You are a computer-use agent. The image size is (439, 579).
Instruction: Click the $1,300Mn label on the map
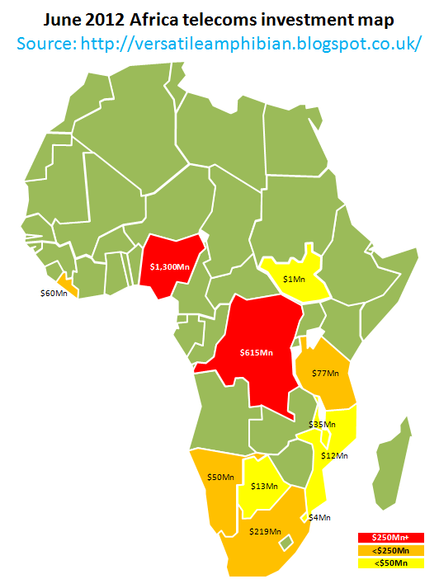(170, 266)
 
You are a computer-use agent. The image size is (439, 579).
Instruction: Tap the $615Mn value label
(256, 352)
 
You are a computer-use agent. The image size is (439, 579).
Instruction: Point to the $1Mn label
(294, 280)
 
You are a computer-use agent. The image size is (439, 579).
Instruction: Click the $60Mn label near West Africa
(54, 293)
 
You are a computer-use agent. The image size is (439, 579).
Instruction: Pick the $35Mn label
(322, 424)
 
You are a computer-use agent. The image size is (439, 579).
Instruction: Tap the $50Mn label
(219, 477)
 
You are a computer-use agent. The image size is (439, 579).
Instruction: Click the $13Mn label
(263, 487)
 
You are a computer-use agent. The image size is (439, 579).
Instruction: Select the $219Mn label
(265, 531)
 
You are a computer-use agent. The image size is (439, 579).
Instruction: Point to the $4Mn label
(319, 517)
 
